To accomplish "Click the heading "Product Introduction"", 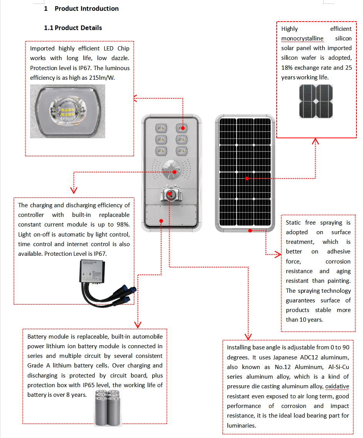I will coord(86,8).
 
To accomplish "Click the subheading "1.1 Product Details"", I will coord(73,28).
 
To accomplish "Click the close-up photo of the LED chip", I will coord(67,111).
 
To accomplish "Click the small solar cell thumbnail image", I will coord(316,101).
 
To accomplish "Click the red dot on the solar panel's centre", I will coord(247,178).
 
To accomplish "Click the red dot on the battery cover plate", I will coord(161,221).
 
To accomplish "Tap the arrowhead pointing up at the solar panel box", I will coord(316,141).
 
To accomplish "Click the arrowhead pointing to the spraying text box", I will coord(278,254).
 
